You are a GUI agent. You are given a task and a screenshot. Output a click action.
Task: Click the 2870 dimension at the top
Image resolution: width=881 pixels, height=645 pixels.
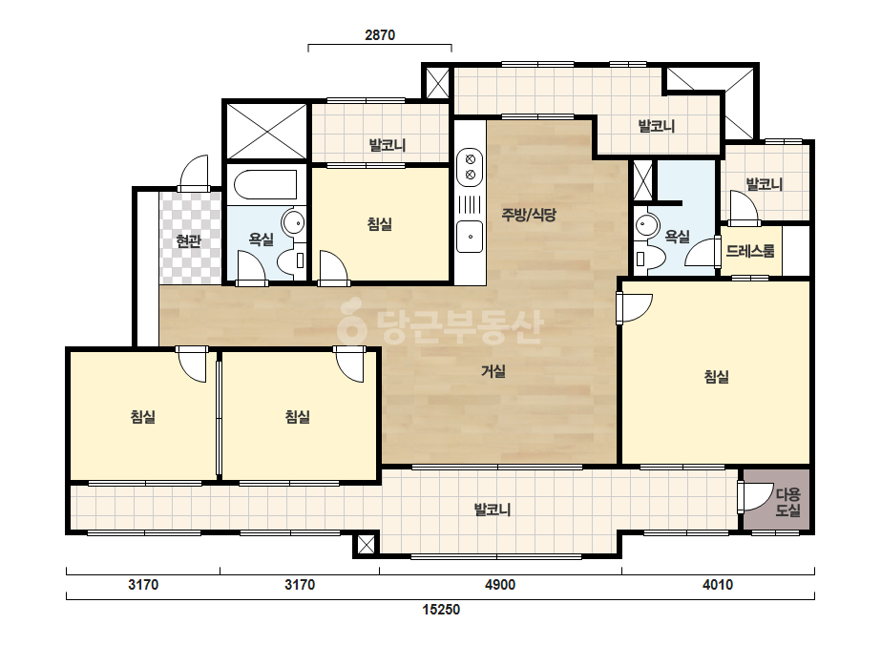[x=380, y=35]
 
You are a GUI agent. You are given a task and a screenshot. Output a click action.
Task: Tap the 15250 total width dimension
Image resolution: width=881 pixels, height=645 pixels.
[x=441, y=609]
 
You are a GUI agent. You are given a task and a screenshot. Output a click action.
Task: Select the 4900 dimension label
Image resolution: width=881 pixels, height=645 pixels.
[x=500, y=585]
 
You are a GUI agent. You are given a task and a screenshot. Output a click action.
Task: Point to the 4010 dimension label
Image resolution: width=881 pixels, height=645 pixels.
[x=718, y=585]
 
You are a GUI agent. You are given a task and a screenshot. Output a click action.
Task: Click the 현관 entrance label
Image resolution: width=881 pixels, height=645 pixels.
[x=188, y=241]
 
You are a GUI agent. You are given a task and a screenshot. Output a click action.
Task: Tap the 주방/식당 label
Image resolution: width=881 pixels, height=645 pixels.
[x=529, y=214]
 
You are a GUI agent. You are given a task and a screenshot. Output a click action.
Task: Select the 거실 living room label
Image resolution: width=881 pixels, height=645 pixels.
[x=493, y=371]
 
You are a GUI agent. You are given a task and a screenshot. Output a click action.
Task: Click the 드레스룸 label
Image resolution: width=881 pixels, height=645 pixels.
[x=750, y=251]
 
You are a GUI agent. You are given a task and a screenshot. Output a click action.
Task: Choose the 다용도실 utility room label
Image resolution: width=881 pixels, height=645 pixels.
[x=787, y=502]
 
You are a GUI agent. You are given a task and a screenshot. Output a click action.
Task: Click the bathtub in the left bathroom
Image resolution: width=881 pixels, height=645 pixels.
[x=265, y=185]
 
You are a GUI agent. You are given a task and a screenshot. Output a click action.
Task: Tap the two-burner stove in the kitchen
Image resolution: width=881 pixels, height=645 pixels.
[x=470, y=167]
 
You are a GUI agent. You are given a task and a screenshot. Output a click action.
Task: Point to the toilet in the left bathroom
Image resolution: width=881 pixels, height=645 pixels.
[x=293, y=261]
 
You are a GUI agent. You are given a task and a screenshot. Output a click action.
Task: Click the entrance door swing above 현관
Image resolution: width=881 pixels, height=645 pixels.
[x=194, y=173]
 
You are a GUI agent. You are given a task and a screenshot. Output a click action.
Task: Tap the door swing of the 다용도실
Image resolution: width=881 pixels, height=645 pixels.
[x=756, y=496]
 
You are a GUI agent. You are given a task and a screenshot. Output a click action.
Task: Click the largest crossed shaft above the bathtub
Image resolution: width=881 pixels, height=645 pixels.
[x=265, y=131]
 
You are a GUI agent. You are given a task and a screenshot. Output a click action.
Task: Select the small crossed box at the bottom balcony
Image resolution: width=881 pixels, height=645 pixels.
[x=366, y=545]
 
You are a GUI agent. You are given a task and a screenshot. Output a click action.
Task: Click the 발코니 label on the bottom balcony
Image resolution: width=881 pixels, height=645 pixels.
[x=493, y=510]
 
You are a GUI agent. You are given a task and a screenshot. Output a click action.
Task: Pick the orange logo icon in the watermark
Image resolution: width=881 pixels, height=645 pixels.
[x=351, y=322]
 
